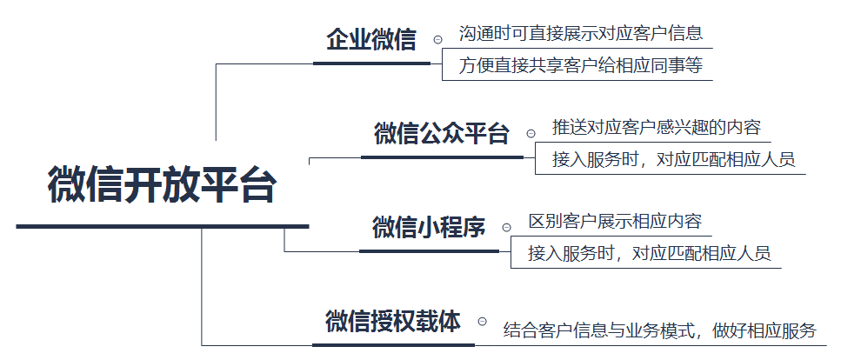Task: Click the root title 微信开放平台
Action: coord(163,185)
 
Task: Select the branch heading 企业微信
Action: coord(371,40)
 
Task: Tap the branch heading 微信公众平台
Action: coord(442,133)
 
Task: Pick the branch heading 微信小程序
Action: coord(429,227)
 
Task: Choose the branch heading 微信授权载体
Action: coord(393,321)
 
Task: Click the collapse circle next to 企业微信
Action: coord(437,39)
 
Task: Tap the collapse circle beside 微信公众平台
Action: coord(531,133)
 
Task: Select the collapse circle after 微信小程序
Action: coord(506,228)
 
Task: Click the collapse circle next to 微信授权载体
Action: coord(482,322)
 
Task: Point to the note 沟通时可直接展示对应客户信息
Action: coord(580,33)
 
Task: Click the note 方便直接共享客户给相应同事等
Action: coord(580,65)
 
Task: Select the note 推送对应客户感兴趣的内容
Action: coord(657,127)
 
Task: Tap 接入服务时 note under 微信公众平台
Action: coord(674,159)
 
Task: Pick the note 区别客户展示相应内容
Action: coord(615,221)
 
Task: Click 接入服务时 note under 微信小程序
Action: coord(649,253)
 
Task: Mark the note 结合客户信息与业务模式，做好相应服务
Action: coord(660,330)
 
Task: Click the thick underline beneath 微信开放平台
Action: coord(163,226)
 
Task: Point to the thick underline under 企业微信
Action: coord(371,63)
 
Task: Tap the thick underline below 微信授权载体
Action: coord(393,345)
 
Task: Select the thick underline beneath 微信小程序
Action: coord(429,251)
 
